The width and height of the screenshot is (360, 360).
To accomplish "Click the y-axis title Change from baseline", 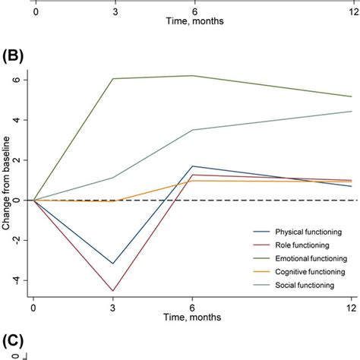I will coord(8,180).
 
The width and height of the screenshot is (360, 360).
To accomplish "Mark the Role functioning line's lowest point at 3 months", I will coord(113,291).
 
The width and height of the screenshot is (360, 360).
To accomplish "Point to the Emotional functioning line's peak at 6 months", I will coord(193,75).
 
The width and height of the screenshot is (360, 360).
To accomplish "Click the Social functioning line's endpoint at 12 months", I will coord(352,112).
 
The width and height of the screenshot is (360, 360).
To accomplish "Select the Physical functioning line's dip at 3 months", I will coord(113,264).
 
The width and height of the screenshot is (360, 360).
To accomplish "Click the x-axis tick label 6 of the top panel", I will coord(193,13).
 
